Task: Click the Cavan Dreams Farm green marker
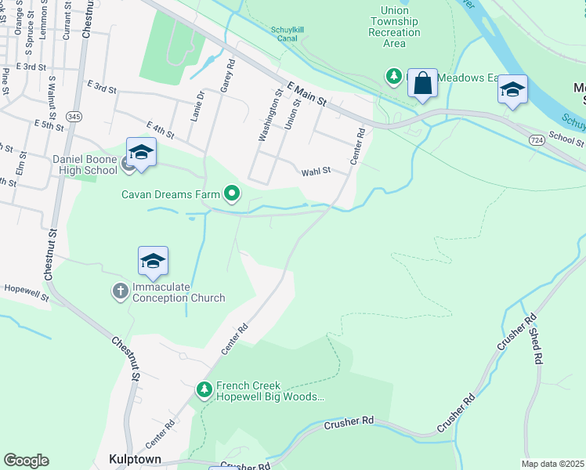click(x=232, y=192)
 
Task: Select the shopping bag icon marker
click(x=423, y=85)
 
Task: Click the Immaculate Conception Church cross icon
click(x=120, y=291)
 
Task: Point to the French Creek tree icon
click(x=204, y=389)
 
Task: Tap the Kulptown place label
click(x=130, y=459)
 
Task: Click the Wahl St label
click(x=317, y=170)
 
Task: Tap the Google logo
click(x=26, y=461)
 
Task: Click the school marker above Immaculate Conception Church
click(x=153, y=262)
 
